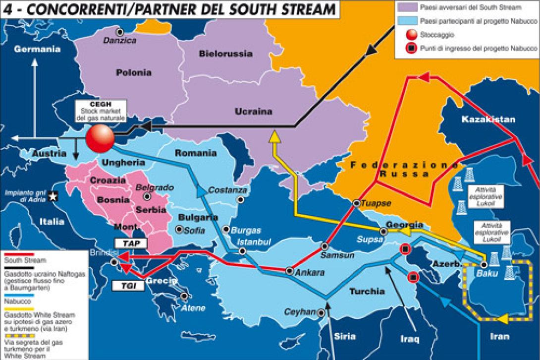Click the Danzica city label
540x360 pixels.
[119, 41]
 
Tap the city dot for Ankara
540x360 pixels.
[290, 271]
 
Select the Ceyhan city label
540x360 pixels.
[299, 312]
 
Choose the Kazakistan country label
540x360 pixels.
[488, 120]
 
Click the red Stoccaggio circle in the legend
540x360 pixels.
[409, 35]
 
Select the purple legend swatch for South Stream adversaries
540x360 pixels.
[407, 7]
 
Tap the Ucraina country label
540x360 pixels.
[253, 112]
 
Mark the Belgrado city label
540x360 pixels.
[155, 188]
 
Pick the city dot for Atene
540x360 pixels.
[184, 297]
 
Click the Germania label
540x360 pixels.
[37, 49]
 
